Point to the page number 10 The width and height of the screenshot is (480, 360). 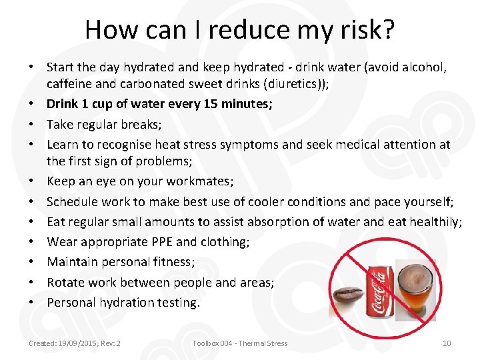click(447, 343)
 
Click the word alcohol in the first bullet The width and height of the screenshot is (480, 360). click(423, 68)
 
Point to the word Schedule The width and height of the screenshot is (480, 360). click(74, 201)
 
